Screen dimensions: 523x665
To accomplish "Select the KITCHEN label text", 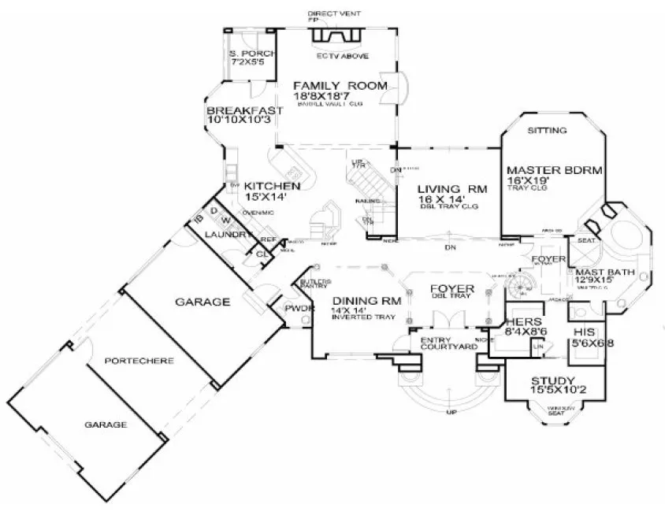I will click(273, 186).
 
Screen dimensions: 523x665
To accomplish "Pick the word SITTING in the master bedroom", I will click(547, 130).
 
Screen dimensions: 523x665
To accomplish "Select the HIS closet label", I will click(584, 333).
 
